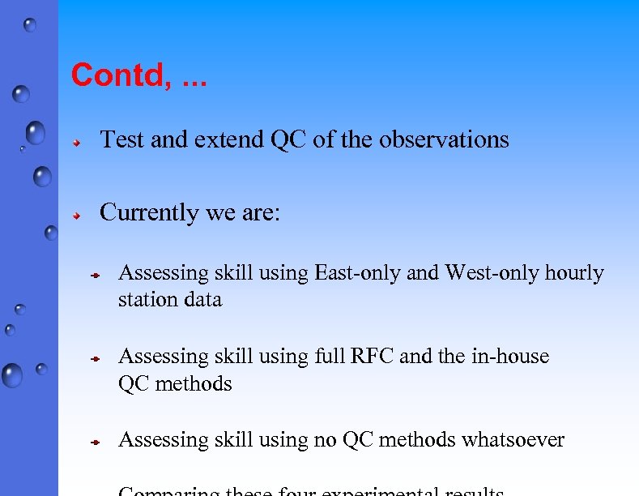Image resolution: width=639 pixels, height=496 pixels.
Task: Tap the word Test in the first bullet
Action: [x=122, y=140]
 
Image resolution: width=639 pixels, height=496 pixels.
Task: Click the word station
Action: [x=143, y=300]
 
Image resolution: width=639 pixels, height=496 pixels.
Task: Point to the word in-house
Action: [x=509, y=357]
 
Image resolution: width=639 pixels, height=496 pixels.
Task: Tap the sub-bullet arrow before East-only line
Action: [x=94, y=276]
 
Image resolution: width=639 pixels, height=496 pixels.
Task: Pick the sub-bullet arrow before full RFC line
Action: [x=94, y=358]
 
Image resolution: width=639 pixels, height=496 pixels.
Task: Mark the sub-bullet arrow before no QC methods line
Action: [x=94, y=443]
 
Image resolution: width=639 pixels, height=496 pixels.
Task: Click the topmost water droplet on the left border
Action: [x=30, y=25]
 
